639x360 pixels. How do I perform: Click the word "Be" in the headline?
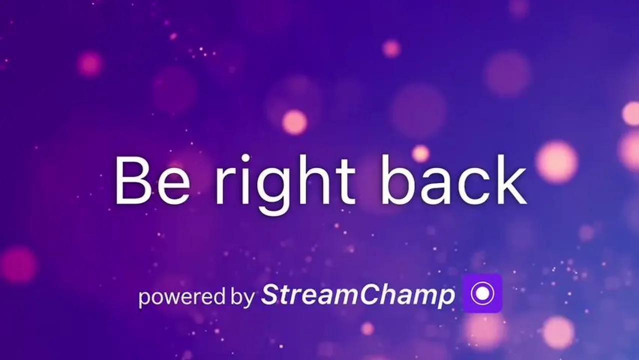152,180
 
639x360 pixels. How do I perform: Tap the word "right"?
285,184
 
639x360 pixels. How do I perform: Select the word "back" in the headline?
454,179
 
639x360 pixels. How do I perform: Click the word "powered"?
182,297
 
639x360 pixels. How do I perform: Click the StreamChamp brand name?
358,295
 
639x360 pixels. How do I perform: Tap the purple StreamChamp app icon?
482,293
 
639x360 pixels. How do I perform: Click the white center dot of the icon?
482,293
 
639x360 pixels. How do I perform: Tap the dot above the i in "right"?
245,158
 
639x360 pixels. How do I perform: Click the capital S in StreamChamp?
274,294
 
